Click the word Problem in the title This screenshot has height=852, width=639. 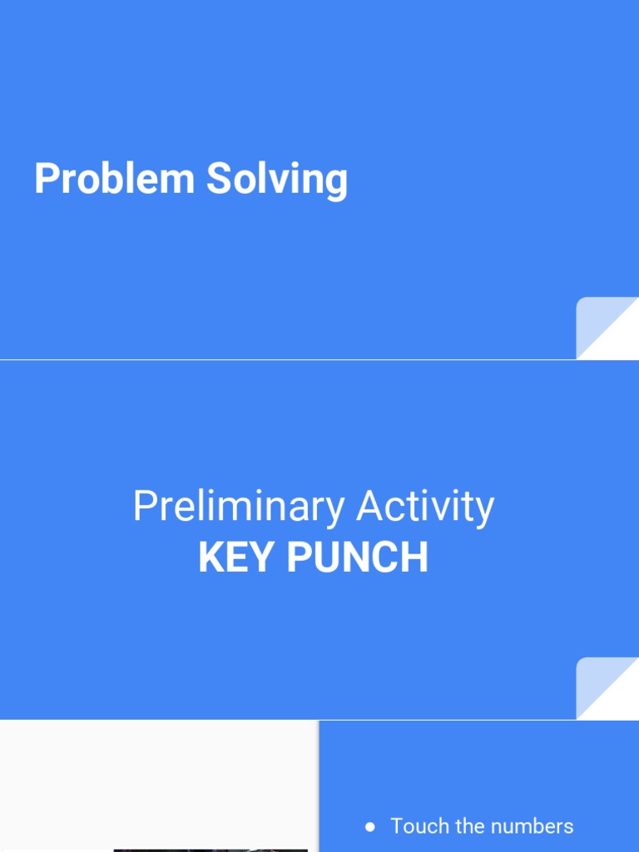[115, 178]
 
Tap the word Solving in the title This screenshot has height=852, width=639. [277, 180]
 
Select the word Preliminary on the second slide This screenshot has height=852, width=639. [239, 507]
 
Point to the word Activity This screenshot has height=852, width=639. [425, 507]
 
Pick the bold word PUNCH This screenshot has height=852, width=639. [358, 557]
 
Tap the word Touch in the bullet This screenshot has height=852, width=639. [420, 826]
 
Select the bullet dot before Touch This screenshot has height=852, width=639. [370, 827]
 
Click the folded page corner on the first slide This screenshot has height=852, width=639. [607, 328]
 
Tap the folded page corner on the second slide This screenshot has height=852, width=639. [607, 688]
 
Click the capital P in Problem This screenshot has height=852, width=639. [47, 178]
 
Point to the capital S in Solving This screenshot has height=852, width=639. [220, 178]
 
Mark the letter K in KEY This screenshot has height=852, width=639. [212, 557]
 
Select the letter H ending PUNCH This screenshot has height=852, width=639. [415, 557]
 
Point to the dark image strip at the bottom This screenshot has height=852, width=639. [211, 850]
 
